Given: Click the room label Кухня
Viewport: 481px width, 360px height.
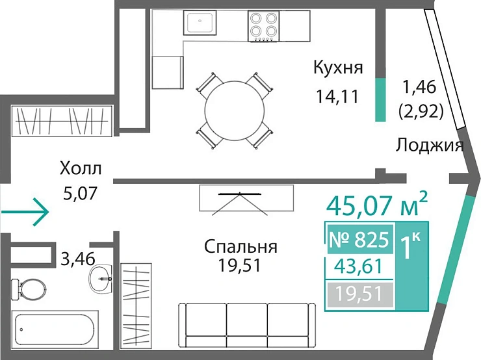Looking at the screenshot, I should point(337,68).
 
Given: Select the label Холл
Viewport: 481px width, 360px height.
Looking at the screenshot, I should point(81,170).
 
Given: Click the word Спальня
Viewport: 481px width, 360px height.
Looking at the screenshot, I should point(240,247).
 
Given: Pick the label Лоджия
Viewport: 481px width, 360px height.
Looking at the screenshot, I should point(430,145).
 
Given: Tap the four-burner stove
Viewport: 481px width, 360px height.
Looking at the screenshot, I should point(263,25).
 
